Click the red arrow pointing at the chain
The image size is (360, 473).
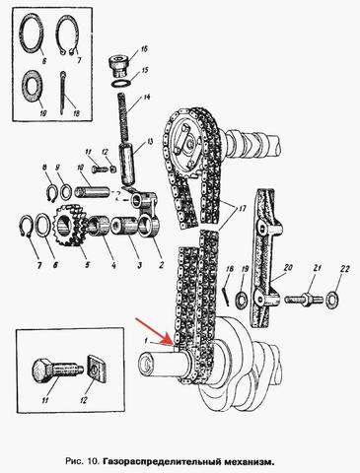point(154,332)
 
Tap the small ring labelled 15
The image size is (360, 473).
point(120,83)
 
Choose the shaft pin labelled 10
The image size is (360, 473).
point(92,191)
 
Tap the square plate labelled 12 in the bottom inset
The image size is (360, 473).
point(98,369)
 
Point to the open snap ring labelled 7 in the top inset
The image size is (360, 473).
point(68,35)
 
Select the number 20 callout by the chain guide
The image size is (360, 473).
point(288,267)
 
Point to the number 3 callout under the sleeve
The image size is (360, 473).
point(139,265)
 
